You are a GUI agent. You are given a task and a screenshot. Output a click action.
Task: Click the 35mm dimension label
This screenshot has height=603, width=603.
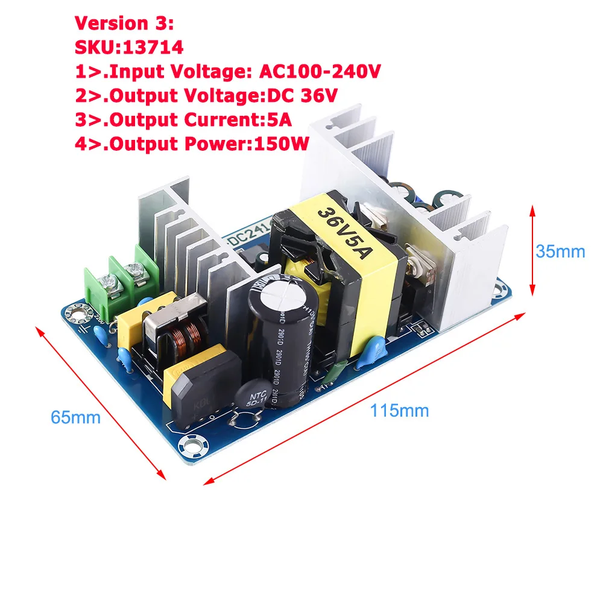coord(560,251)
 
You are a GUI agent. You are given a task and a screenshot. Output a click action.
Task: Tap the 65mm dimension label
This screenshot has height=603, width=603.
coord(75,417)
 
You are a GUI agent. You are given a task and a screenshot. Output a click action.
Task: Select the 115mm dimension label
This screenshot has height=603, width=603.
coord(399,411)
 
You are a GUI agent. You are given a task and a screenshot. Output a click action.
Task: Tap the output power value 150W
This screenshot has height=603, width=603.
coord(282,144)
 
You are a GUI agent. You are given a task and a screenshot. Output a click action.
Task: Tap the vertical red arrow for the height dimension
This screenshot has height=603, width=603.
coord(532,250)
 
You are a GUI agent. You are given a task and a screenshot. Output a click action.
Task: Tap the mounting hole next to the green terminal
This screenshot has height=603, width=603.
coord(78,313)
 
